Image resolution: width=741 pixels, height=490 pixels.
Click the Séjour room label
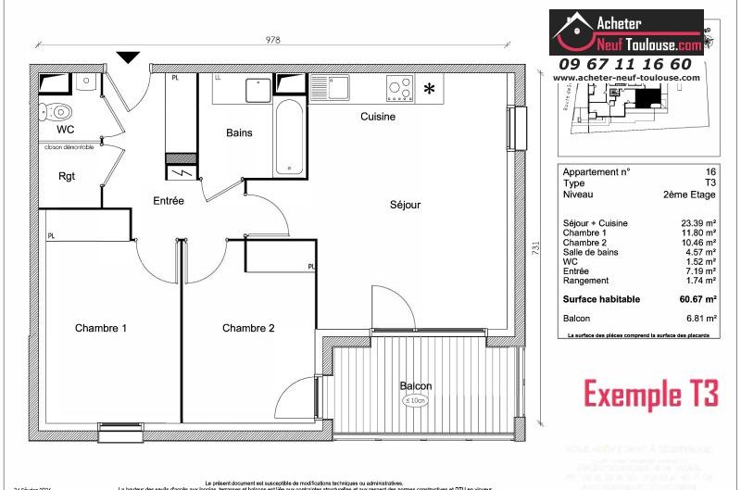[405, 205]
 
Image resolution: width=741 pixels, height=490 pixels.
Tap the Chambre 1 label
[101, 328]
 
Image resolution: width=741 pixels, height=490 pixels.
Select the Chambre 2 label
[248, 328]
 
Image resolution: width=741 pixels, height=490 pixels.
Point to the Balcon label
[416, 386]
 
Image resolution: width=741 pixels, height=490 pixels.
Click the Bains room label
[239, 132]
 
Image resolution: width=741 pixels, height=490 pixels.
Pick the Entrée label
[169, 200]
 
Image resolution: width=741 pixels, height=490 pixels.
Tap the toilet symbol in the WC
[49, 111]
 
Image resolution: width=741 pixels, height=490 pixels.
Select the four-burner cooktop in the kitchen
[400, 87]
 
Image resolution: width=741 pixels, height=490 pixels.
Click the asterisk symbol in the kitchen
[429, 89]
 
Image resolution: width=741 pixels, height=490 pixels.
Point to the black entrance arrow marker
[129, 57]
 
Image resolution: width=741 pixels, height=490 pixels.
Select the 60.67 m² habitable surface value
[697, 299]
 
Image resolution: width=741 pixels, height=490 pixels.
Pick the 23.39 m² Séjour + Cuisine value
[698, 224]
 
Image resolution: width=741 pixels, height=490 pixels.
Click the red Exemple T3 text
[650, 394]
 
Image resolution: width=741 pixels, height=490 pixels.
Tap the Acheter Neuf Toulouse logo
[626, 32]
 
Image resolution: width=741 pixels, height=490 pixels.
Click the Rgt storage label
[67, 176]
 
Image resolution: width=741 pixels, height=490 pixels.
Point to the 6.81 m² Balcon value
[701, 318]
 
